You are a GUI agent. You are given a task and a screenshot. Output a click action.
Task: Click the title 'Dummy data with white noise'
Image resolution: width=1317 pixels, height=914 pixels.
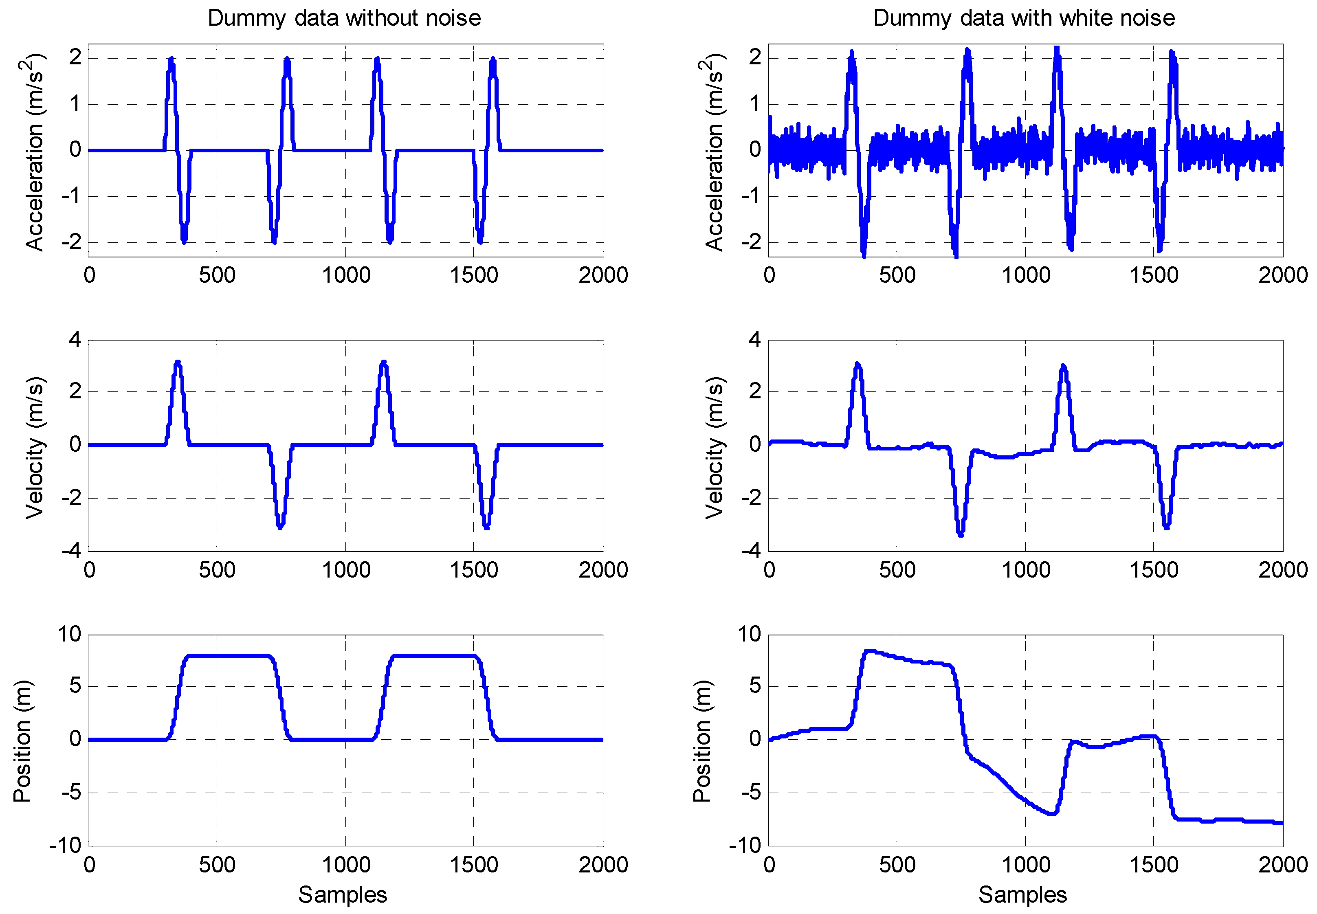click(1023, 18)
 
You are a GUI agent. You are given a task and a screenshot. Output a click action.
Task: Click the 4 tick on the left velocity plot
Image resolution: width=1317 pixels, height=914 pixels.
click(75, 340)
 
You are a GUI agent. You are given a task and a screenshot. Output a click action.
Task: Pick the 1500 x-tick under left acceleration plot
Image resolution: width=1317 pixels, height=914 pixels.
click(473, 275)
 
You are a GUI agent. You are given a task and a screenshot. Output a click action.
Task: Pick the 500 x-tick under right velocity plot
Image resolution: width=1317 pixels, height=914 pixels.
click(897, 570)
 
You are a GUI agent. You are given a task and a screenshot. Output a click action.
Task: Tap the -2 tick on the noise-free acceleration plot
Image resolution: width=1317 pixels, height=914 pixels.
click(71, 242)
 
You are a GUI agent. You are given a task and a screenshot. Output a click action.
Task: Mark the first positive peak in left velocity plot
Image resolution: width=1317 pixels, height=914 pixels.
click(178, 363)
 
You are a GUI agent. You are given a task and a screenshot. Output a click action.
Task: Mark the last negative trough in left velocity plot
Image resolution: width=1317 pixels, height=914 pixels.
click(486, 527)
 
